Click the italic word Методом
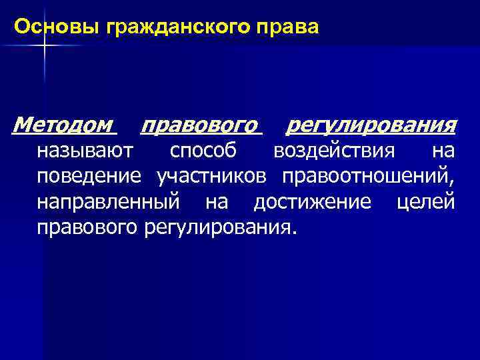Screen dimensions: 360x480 coord(64,125)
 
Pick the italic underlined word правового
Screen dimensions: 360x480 coord(200,125)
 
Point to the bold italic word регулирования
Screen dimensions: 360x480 coord(371,125)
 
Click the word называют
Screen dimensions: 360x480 coord(86,151)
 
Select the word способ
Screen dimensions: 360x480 coord(203,151)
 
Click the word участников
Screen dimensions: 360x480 coord(213,177)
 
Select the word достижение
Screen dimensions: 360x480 coord(312,202)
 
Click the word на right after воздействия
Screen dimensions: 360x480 coord(443,151)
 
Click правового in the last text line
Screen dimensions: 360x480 coord(87,227)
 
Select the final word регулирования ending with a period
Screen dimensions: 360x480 coord(219,227)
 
